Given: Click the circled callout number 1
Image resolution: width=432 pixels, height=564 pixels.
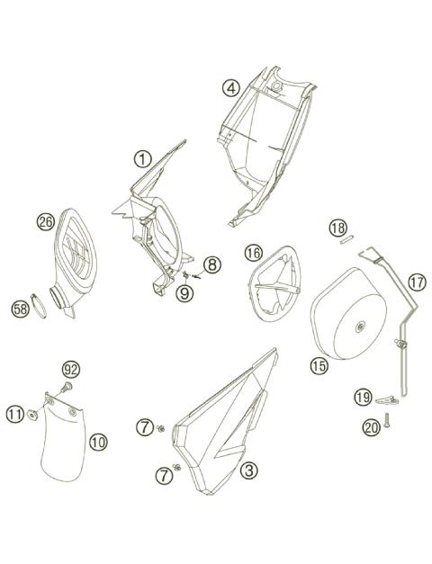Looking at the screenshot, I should (142, 159).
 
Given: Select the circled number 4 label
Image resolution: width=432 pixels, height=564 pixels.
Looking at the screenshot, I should (231, 87).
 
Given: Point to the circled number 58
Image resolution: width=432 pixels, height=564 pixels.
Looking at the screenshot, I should (20, 309).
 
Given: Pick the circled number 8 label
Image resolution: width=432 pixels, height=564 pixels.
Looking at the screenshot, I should (211, 264).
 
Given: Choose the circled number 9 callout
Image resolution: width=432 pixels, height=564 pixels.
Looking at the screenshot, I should (184, 291).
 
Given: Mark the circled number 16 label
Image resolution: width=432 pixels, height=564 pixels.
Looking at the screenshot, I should (253, 254).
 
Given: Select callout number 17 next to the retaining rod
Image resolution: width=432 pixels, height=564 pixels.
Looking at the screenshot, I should (417, 282).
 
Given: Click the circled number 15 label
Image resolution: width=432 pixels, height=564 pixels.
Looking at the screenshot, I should (319, 365).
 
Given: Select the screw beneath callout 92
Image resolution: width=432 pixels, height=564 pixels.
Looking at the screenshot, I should (65, 388).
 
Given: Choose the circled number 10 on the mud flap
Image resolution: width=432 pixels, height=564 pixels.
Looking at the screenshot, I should (98, 442).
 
